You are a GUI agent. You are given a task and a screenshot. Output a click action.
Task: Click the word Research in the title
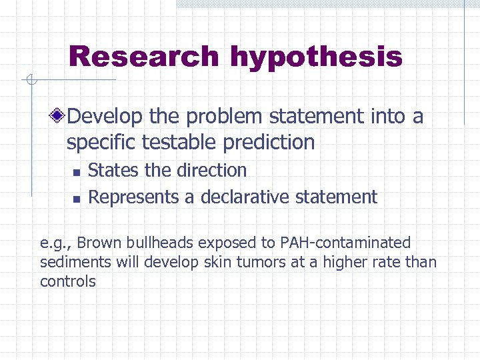(x=143, y=57)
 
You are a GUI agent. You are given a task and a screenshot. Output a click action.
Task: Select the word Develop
(x=105, y=117)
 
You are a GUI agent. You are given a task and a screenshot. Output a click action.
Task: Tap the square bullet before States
(x=76, y=172)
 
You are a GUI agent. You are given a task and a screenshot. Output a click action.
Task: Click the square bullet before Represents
(x=76, y=199)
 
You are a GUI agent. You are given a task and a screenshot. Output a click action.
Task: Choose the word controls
(x=67, y=281)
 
